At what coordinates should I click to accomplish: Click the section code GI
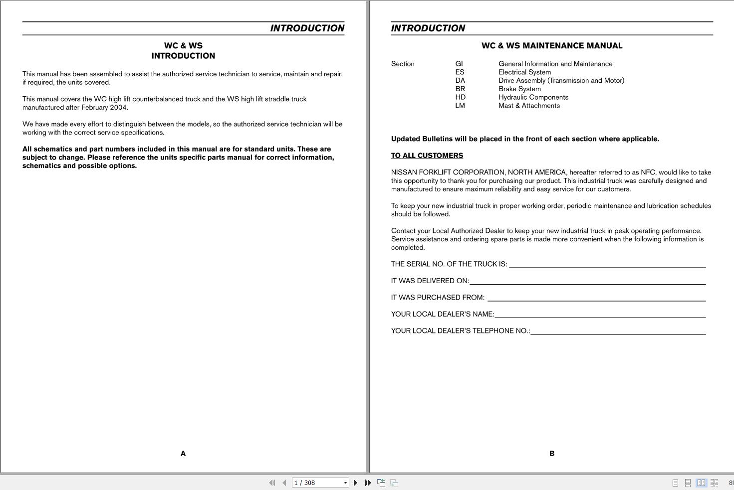459,64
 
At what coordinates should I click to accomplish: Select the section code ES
460,72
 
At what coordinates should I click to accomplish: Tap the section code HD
460,97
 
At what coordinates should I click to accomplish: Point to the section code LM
460,106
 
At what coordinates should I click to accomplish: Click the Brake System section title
519,89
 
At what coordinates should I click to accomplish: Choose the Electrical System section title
524,72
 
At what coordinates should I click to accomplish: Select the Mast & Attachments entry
529,106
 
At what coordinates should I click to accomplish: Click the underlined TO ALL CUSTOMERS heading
427,156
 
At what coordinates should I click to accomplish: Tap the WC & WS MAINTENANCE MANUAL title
551,46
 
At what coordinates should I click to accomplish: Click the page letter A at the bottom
183,454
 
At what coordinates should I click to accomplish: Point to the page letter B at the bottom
552,454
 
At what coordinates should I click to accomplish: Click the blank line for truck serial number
607,265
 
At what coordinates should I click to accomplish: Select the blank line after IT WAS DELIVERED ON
587,281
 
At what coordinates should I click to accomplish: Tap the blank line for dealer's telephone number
618,331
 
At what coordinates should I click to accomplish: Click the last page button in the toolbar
368,483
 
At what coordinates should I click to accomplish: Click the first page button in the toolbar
272,483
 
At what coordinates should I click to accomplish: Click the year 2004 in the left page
118,108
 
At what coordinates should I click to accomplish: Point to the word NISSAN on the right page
404,172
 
